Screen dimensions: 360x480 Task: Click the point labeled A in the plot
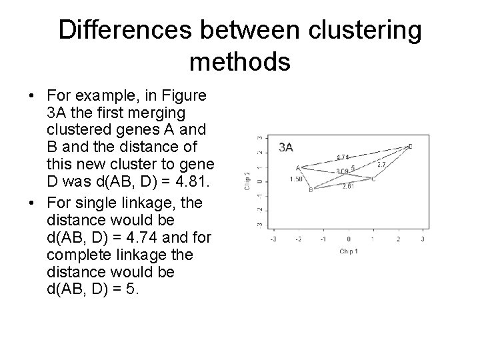pyautogui.click(x=298, y=167)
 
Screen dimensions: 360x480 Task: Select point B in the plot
pyautogui.click(x=311, y=190)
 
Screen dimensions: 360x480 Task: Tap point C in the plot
pyautogui.click(x=373, y=179)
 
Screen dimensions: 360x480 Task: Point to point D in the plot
pyautogui.click(x=410, y=146)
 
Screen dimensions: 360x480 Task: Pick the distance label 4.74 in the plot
pyautogui.click(x=343, y=157)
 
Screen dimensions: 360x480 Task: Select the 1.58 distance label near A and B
pyautogui.click(x=296, y=179)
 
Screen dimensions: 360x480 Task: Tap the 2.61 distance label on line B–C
pyautogui.click(x=347, y=187)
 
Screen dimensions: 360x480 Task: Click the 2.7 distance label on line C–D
pyautogui.click(x=382, y=164)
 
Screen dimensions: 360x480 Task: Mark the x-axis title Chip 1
pyautogui.click(x=348, y=252)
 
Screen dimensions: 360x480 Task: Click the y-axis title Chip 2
pyautogui.click(x=247, y=181)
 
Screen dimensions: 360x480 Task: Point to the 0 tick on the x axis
pyautogui.click(x=349, y=238)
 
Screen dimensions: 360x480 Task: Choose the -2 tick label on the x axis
pyautogui.click(x=298, y=238)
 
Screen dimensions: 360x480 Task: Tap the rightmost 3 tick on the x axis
pyautogui.click(x=423, y=238)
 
